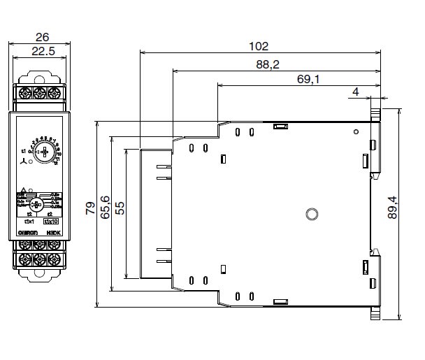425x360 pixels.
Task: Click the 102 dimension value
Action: click(x=259, y=47)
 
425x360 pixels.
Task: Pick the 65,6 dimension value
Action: click(x=105, y=208)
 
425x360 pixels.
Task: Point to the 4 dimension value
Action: click(x=356, y=92)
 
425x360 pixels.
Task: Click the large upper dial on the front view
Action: click(x=43, y=152)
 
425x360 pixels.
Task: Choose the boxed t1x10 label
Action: click(x=51, y=222)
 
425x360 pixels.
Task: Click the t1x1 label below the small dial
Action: click(x=30, y=222)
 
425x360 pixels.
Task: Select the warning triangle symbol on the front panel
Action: click(x=23, y=190)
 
